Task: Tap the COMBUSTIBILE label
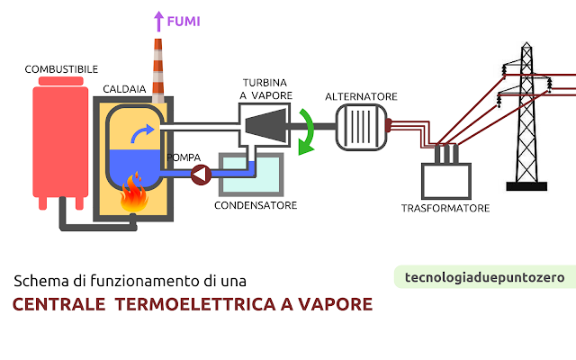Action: [x=62, y=69]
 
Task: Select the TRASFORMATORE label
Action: [x=445, y=209]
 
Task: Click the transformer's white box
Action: [x=446, y=180]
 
